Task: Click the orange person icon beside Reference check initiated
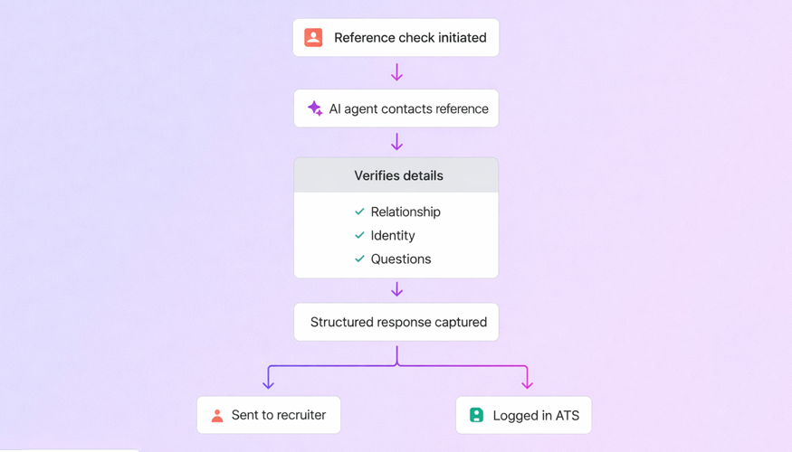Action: (313, 37)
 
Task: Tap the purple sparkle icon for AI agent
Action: (314, 108)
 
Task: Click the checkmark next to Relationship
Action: (359, 212)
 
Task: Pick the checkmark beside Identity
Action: (359, 235)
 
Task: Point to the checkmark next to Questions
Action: (359, 259)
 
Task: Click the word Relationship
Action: (406, 212)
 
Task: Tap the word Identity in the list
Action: (393, 235)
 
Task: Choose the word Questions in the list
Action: (401, 259)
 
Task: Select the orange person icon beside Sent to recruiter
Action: (217, 416)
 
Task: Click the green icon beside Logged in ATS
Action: (476, 415)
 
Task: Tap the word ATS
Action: (567, 415)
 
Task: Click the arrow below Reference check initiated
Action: (396, 72)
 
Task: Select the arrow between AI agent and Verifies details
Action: (396, 142)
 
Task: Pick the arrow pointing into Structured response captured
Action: (396, 289)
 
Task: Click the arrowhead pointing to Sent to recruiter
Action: (268, 384)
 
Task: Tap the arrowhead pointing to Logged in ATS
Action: (527, 384)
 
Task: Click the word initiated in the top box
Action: (455, 37)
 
